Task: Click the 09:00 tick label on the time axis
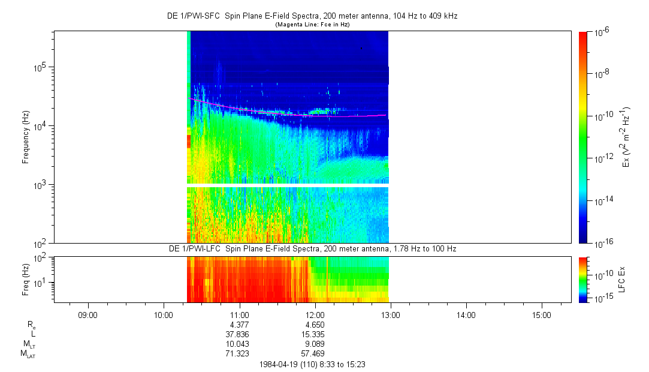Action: click(88, 314)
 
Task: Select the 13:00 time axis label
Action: click(391, 314)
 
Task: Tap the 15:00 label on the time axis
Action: click(542, 314)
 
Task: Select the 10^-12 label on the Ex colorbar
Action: click(602, 158)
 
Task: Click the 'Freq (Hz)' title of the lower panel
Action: click(26, 279)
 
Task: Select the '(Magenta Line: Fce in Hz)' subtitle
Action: click(312, 25)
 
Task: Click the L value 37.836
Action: click(240, 334)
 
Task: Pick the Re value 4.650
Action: click(315, 325)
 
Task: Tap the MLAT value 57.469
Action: click(315, 353)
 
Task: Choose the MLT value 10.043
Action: click(240, 344)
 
